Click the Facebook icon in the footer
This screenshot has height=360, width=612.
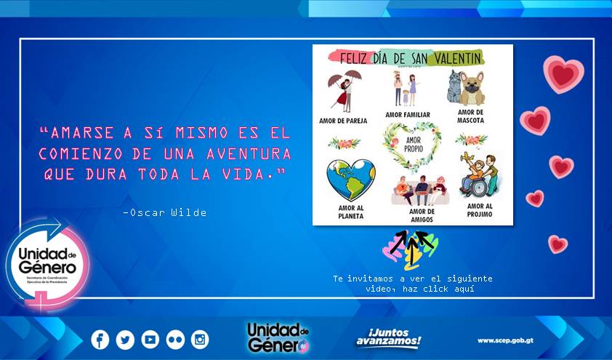click(100, 339)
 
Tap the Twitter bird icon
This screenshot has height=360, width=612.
click(125, 339)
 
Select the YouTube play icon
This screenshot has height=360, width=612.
click(150, 339)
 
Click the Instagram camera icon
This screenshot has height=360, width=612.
click(200, 339)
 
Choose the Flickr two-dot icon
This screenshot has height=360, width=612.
click(175, 339)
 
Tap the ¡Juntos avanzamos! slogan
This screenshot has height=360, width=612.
click(388, 338)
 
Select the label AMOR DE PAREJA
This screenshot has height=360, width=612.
click(342, 120)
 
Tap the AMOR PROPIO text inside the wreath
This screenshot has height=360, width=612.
click(413, 143)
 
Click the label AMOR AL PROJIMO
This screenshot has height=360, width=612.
click(480, 210)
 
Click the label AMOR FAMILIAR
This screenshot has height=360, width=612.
click(408, 115)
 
